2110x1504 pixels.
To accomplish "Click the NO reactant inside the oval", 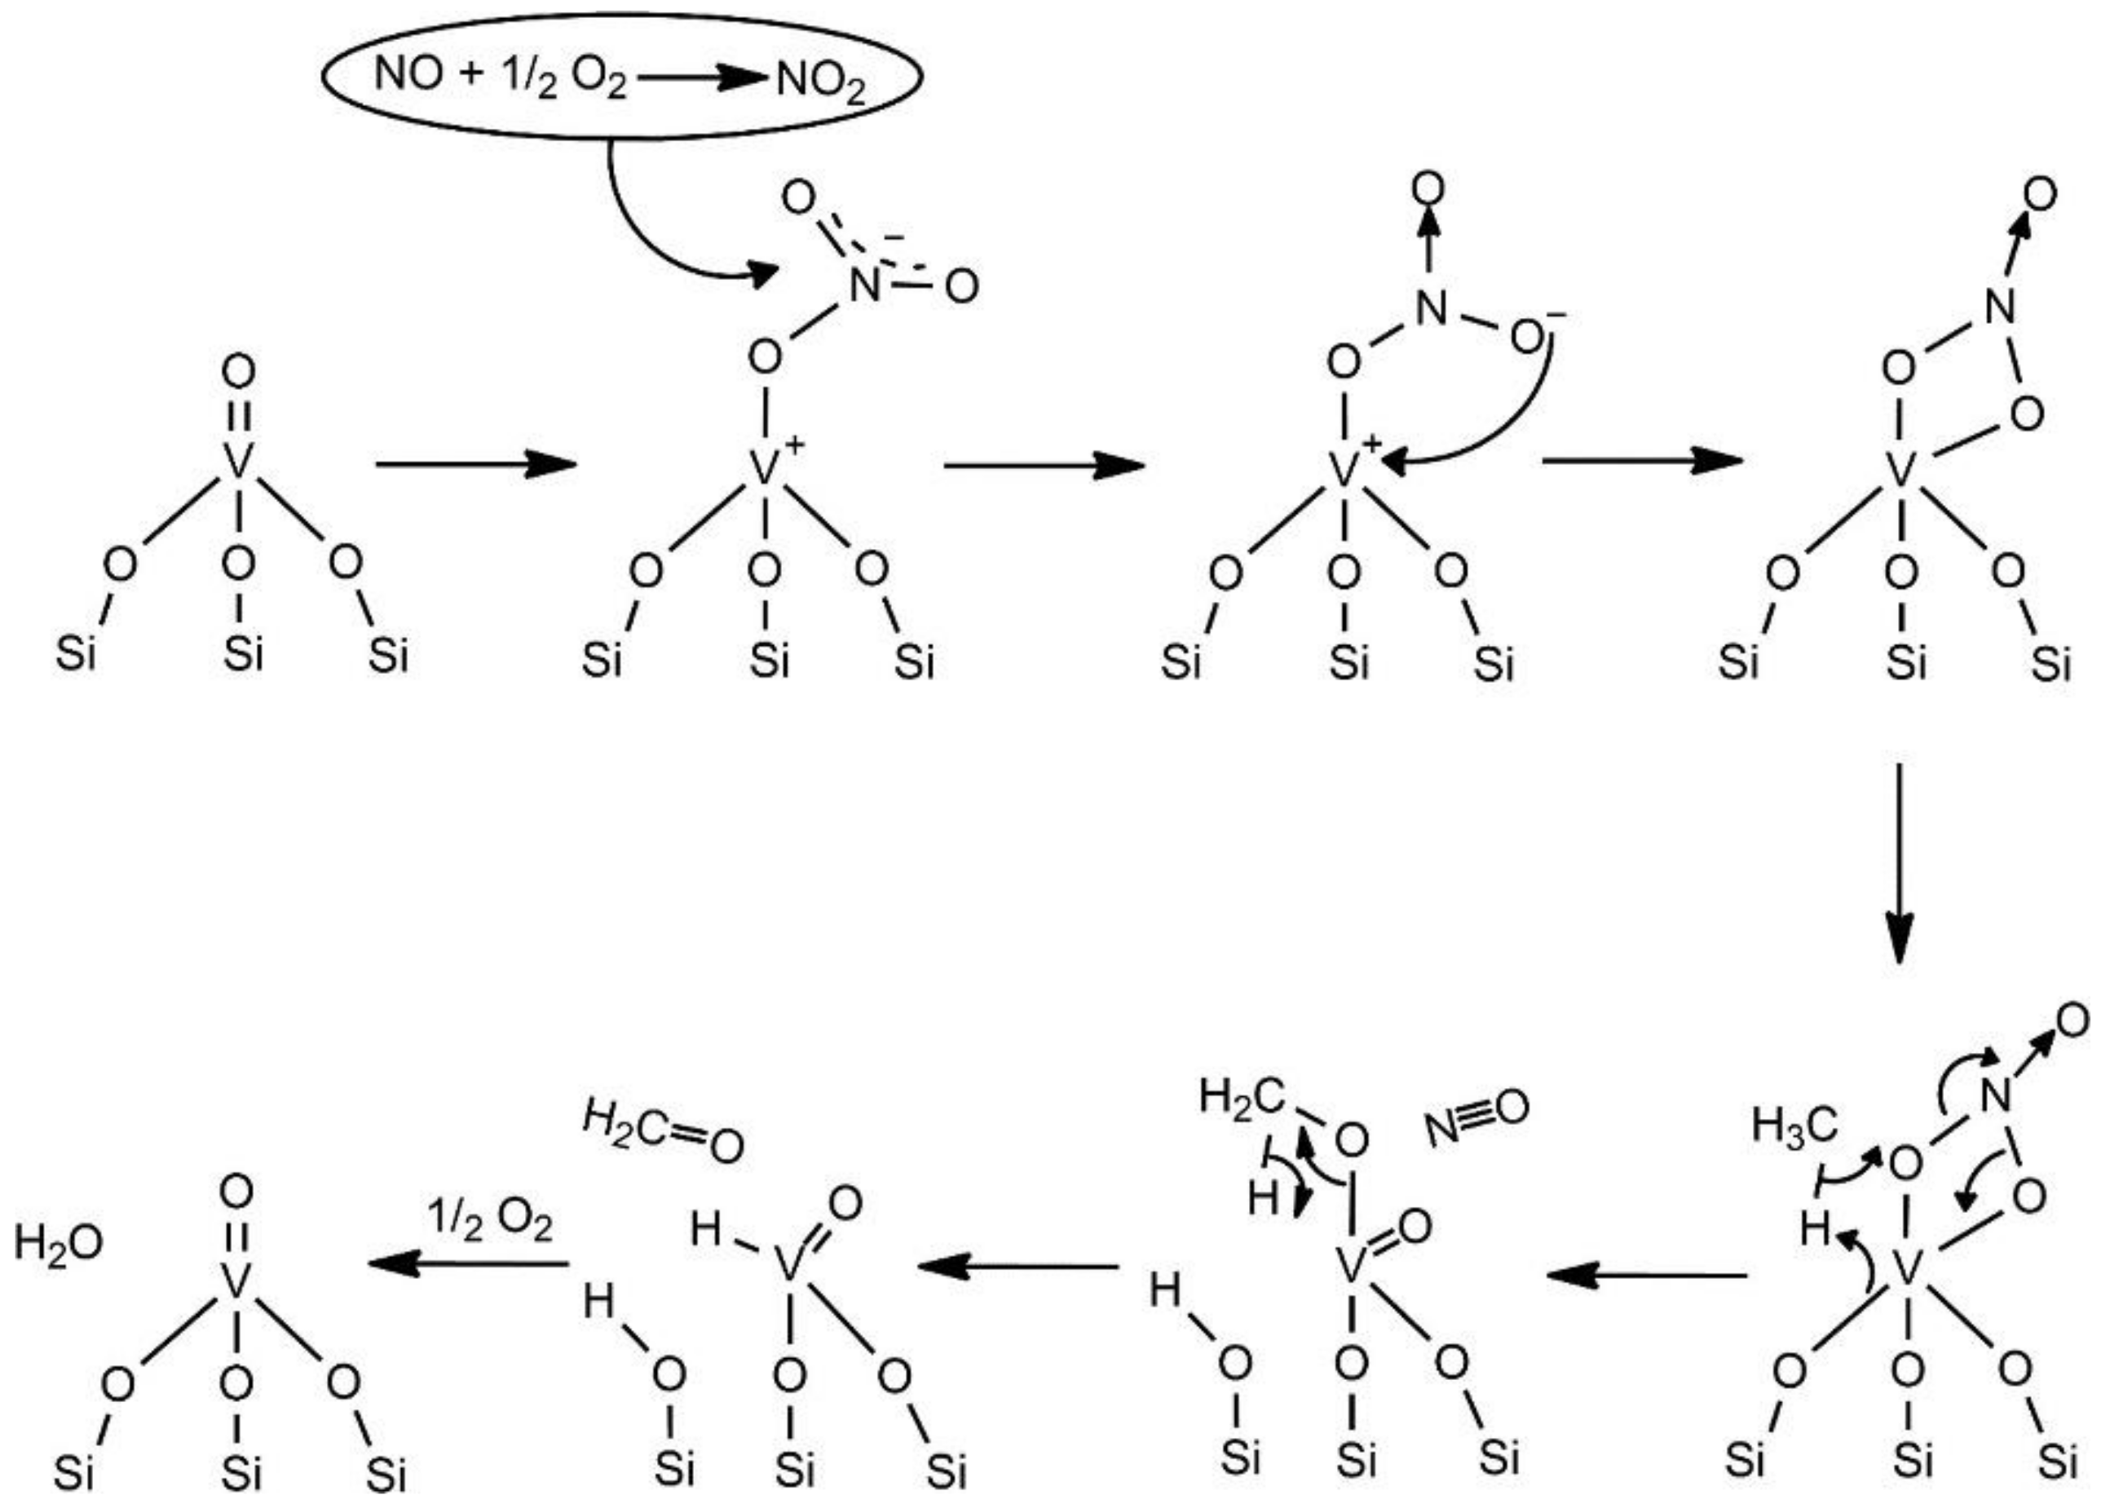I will (x=408, y=74).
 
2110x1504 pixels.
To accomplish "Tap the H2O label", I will (x=57, y=1244).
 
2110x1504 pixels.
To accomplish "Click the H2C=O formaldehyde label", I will (x=663, y=1135).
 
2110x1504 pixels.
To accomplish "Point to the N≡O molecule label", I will (x=1477, y=1116).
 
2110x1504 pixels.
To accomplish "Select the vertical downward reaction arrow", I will (x=1900, y=862).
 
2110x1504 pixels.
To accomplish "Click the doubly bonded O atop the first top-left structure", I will (x=238, y=374).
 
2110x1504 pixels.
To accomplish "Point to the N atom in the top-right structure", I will (x=2001, y=307).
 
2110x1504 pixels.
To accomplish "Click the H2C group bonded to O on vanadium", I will (x=1242, y=1098).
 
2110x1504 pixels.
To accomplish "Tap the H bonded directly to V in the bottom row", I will (x=705, y=1231).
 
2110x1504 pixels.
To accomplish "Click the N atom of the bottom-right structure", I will (x=1996, y=1099).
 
